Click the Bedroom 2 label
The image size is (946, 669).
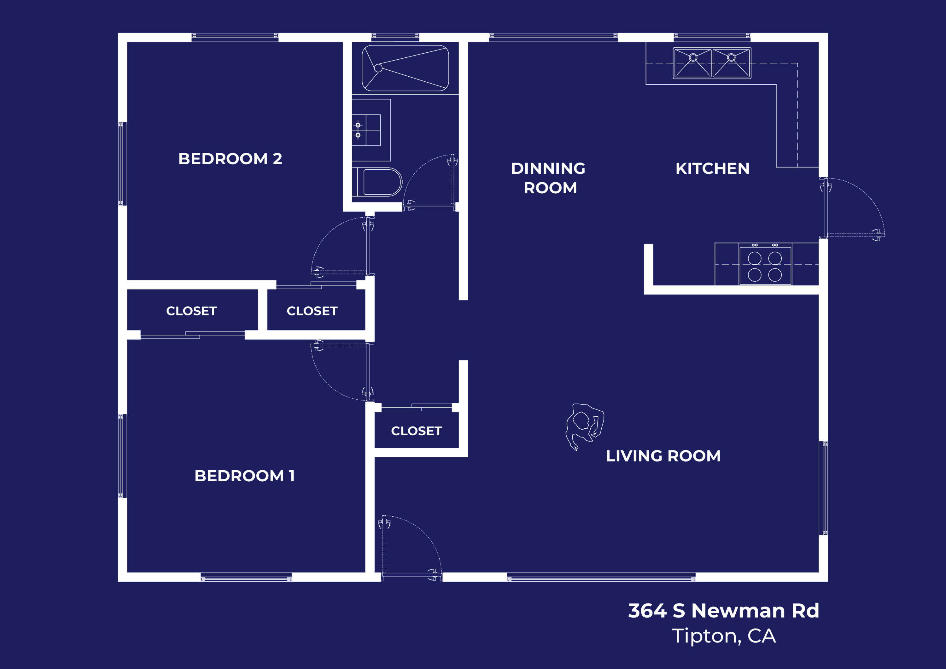coord(230,159)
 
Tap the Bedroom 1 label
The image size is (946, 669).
coord(244,476)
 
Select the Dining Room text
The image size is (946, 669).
coord(548,178)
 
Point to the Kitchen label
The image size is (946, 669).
coord(712,168)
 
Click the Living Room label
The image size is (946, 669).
coord(663,456)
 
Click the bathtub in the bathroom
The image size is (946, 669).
coord(405,68)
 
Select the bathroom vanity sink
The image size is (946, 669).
coord(366,130)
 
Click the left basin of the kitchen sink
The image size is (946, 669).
coord(693,63)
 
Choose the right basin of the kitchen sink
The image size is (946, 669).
coord(731,63)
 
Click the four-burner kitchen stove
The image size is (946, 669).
coord(765,266)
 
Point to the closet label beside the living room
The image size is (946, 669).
coord(416,431)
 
